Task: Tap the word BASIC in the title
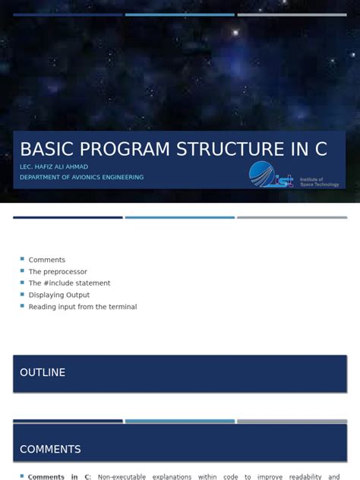coord(43,149)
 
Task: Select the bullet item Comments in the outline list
coord(47,260)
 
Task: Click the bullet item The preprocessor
coord(58,271)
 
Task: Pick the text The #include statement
coord(69,283)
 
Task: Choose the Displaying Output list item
coord(59,295)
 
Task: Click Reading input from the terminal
coord(83,307)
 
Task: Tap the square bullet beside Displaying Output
coord(23,295)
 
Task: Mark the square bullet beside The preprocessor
coord(23,271)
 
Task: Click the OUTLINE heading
coord(43,372)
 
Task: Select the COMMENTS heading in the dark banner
coord(50,449)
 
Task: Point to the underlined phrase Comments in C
coord(59,477)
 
